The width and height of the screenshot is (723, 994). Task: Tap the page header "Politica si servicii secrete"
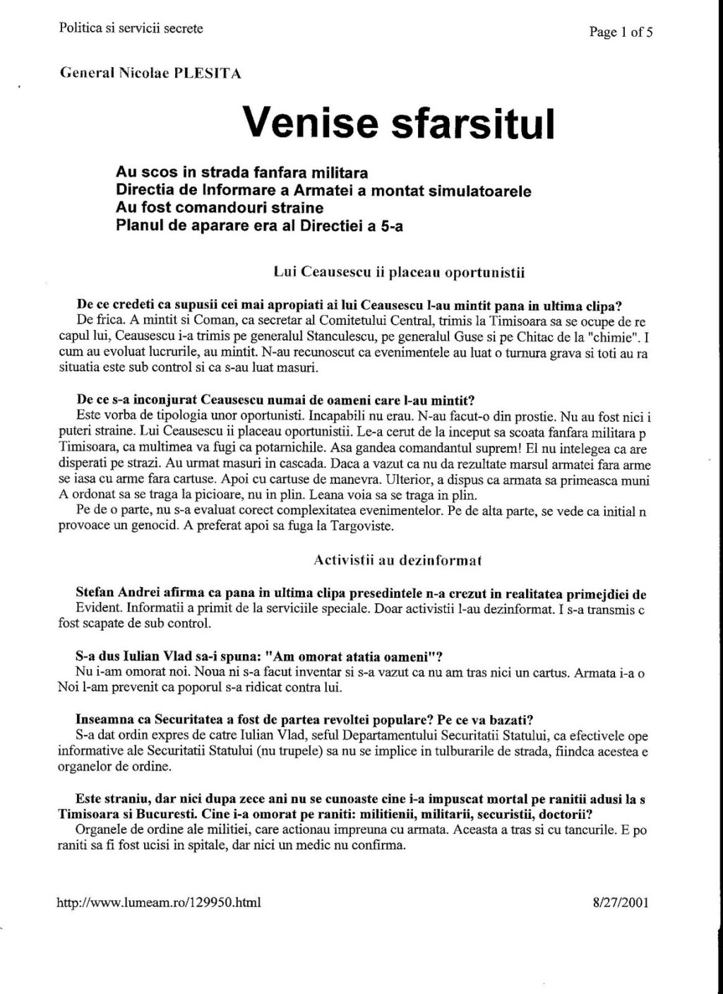(131, 28)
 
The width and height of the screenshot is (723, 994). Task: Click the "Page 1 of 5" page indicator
(621, 31)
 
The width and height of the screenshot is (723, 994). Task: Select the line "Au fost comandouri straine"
(220, 208)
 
